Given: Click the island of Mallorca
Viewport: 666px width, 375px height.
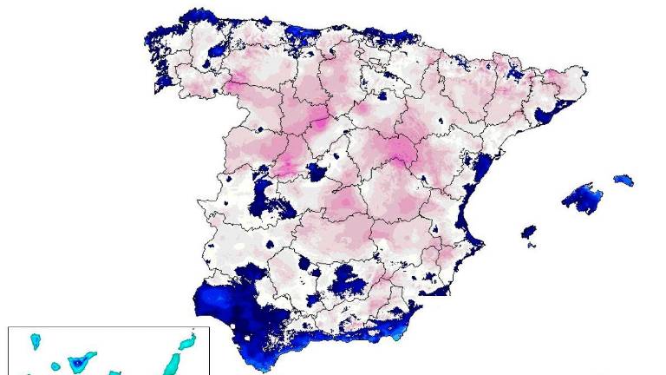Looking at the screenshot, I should tap(584, 198).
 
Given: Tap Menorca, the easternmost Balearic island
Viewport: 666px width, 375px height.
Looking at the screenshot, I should tap(624, 181).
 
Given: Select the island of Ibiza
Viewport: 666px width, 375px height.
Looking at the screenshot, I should tap(528, 232).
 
